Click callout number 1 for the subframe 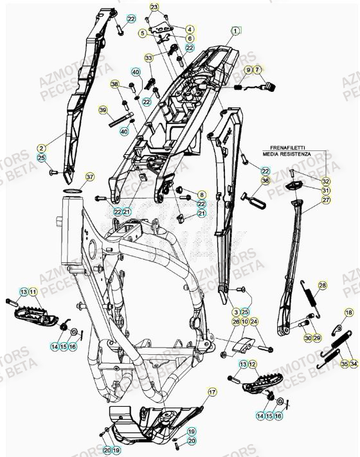point(236,30)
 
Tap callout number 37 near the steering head point(89,177)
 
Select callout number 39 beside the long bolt point(103,111)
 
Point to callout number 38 point(114,85)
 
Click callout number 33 point(149,58)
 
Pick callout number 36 point(265,181)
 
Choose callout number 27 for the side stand point(326,200)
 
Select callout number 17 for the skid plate point(212,391)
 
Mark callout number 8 point(201,194)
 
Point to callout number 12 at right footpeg point(253,364)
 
